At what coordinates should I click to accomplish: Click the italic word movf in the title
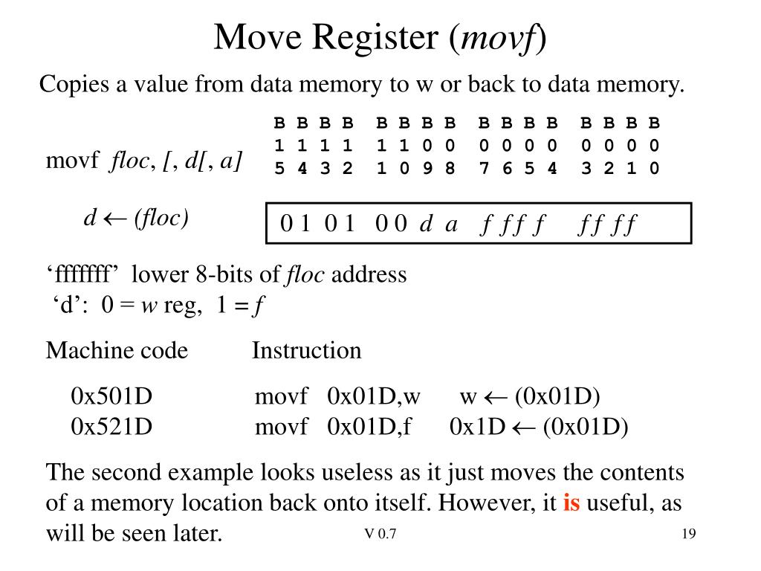499,38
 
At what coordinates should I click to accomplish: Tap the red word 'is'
571,503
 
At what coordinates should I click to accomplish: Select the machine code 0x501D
111,396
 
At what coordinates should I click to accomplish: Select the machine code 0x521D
111,427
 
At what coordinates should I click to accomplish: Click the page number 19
689,534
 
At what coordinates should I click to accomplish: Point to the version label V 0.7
380,534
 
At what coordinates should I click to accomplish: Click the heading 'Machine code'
117,351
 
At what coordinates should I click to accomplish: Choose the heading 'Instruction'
307,351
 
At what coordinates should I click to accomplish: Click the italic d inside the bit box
426,223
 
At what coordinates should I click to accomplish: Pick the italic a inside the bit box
451,225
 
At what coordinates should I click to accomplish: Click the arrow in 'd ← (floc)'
115,219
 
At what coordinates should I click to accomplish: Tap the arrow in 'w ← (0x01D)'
496,398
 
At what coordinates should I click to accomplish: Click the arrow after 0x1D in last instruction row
524,428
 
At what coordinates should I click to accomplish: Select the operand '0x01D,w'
374,397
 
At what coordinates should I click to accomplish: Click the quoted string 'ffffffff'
82,274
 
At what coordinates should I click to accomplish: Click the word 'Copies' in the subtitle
74,85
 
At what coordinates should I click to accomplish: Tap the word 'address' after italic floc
369,274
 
